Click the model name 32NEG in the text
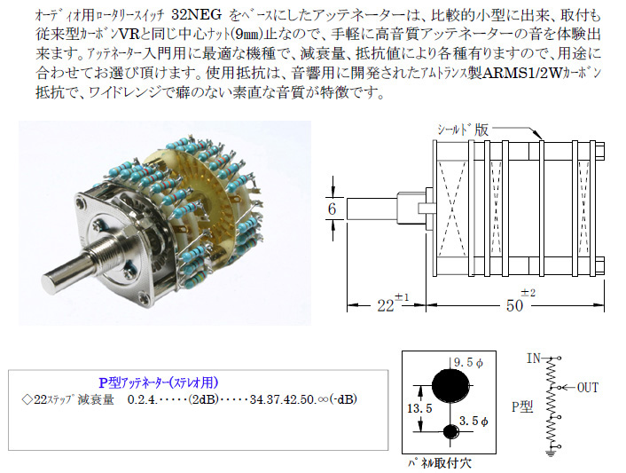pyautogui.click(x=196, y=15)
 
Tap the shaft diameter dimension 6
pyautogui.click(x=332, y=209)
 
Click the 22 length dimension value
pyautogui.click(x=385, y=305)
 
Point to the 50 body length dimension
pyautogui.click(x=514, y=305)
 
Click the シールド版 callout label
pyautogui.click(x=463, y=130)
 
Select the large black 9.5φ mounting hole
pyautogui.click(x=450, y=385)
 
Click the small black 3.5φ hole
pyautogui.click(x=451, y=431)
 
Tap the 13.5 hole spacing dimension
pyautogui.click(x=419, y=408)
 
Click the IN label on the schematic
pyautogui.click(x=534, y=358)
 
